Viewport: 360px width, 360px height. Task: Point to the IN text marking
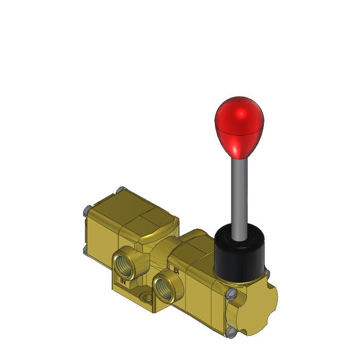click(x=123, y=281)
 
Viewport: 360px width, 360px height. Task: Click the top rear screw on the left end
click(x=120, y=190)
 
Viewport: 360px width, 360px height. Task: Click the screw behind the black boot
click(x=267, y=272)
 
